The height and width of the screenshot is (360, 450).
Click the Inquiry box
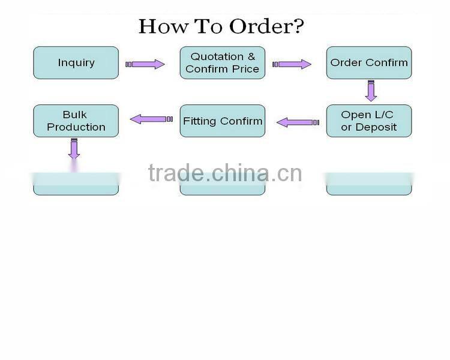[76, 62]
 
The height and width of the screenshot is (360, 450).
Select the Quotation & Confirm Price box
[223, 62]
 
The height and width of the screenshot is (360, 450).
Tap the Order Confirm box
[369, 62]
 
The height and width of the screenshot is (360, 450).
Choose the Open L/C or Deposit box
[369, 121]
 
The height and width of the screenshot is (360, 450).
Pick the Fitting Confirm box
[223, 121]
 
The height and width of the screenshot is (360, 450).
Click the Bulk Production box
[76, 121]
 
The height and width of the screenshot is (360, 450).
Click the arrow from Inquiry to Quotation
[145, 64]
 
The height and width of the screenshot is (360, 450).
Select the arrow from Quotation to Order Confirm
[292, 64]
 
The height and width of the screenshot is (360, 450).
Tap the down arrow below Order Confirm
[371, 89]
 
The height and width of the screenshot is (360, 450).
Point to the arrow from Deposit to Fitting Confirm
[297, 122]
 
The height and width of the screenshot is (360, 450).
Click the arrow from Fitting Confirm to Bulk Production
[148, 119]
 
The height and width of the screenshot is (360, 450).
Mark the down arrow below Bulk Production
[74, 149]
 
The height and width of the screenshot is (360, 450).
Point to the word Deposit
[376, 127]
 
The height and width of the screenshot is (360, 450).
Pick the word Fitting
[200, 121]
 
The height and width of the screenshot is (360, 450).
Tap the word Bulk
[75, 115]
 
